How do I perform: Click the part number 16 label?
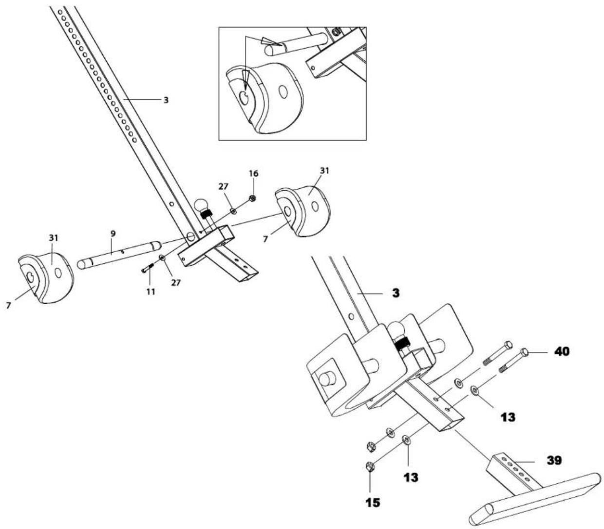pyautogui.click(x=253, y=174)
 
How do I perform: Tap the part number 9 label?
pyautogui.click(x=113, y=234)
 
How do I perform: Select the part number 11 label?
pyautogui.click(x=151, y=292)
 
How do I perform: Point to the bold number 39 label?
pyautogui.click(x=553, y=460)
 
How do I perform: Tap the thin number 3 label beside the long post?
pyautogui.click(x=166, y=100)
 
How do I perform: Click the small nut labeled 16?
pyautogui.click(x=252, y=198)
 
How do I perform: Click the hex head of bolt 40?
pyautogui.click(x=525, y=351)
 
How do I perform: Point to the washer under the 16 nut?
pyautogui.click(x=233, y=211)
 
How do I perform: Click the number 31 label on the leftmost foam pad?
pyautogui.click(x=53, y=238)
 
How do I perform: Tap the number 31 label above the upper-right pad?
pyautogui.click(x=324, y=171)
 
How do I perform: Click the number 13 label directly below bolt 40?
pyautogui.click(x=508, y=417)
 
